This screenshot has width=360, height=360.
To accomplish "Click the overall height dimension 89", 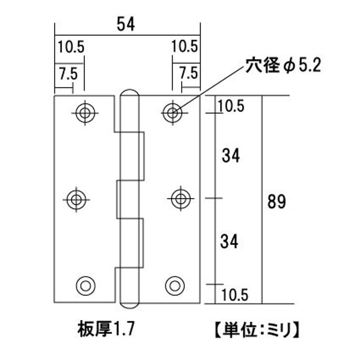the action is [x=276, y=201].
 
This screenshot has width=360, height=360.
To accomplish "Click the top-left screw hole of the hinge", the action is [x=84, y=112].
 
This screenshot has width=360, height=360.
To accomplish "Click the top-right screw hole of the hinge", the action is [x=171, y=112].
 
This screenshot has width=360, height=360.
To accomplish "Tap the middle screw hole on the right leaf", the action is [x=180, y=198].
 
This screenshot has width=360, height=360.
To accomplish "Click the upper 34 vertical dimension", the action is [x=230, y=156].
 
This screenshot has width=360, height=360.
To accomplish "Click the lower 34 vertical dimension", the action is [x=229, y=242].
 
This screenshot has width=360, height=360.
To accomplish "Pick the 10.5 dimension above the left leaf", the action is [x=71, y=46].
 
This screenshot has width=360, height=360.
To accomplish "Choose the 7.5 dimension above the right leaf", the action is [x=188, y=72].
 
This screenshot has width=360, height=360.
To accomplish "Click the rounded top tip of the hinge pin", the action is [x=129, y=94].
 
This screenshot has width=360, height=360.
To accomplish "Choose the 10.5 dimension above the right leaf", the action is [x=185, y=46].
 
